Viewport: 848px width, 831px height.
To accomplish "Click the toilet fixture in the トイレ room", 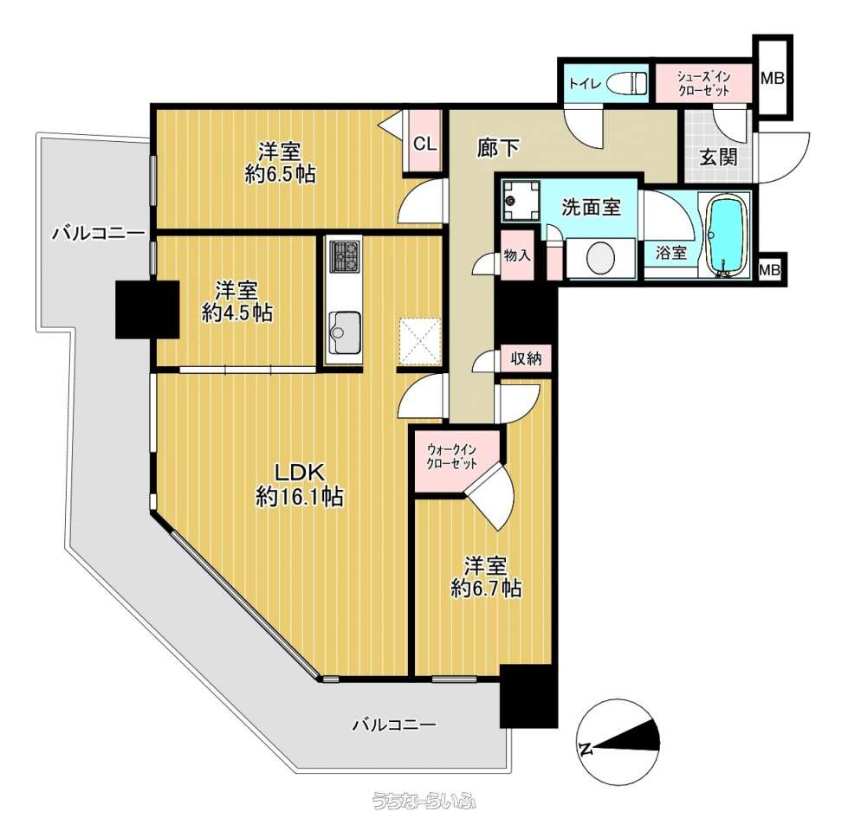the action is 627,84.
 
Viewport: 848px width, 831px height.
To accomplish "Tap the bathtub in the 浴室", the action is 728,235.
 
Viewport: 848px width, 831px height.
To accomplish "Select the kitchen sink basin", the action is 345,331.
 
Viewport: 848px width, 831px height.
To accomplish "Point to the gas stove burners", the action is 345,256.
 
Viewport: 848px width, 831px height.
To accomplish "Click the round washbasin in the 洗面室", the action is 601,258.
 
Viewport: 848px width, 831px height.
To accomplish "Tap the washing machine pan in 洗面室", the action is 521,201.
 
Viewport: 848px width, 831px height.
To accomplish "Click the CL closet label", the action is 424,144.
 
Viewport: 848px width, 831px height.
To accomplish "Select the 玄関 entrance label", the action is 718,158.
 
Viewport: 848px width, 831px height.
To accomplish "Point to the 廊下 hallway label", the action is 498,147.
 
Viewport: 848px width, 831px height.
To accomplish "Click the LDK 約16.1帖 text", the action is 299,485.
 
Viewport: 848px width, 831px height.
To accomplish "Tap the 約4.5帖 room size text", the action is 236,313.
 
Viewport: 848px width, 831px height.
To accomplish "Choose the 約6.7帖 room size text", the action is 486,588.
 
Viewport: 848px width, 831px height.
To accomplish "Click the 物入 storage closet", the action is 517,255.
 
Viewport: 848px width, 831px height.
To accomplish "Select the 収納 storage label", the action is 527,358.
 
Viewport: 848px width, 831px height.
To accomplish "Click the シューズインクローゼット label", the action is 703,83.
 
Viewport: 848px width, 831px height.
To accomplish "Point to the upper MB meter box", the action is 773,79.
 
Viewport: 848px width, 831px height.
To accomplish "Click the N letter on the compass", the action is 586,749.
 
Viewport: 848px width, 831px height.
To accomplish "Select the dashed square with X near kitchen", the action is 420,342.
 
